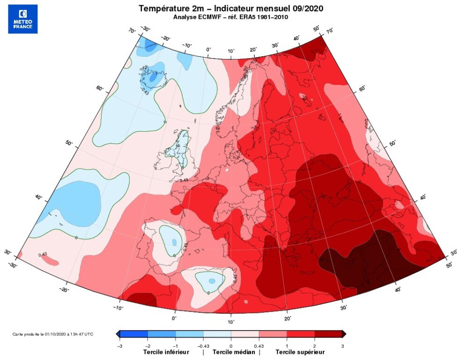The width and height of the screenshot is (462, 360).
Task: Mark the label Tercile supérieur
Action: point(299,352)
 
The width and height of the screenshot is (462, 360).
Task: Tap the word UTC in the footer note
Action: point(88,334)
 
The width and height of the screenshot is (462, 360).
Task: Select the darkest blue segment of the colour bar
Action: point(134,334)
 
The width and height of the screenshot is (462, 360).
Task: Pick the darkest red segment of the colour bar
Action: point(329,334)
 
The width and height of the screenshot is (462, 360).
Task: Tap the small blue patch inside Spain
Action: point(174,242)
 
